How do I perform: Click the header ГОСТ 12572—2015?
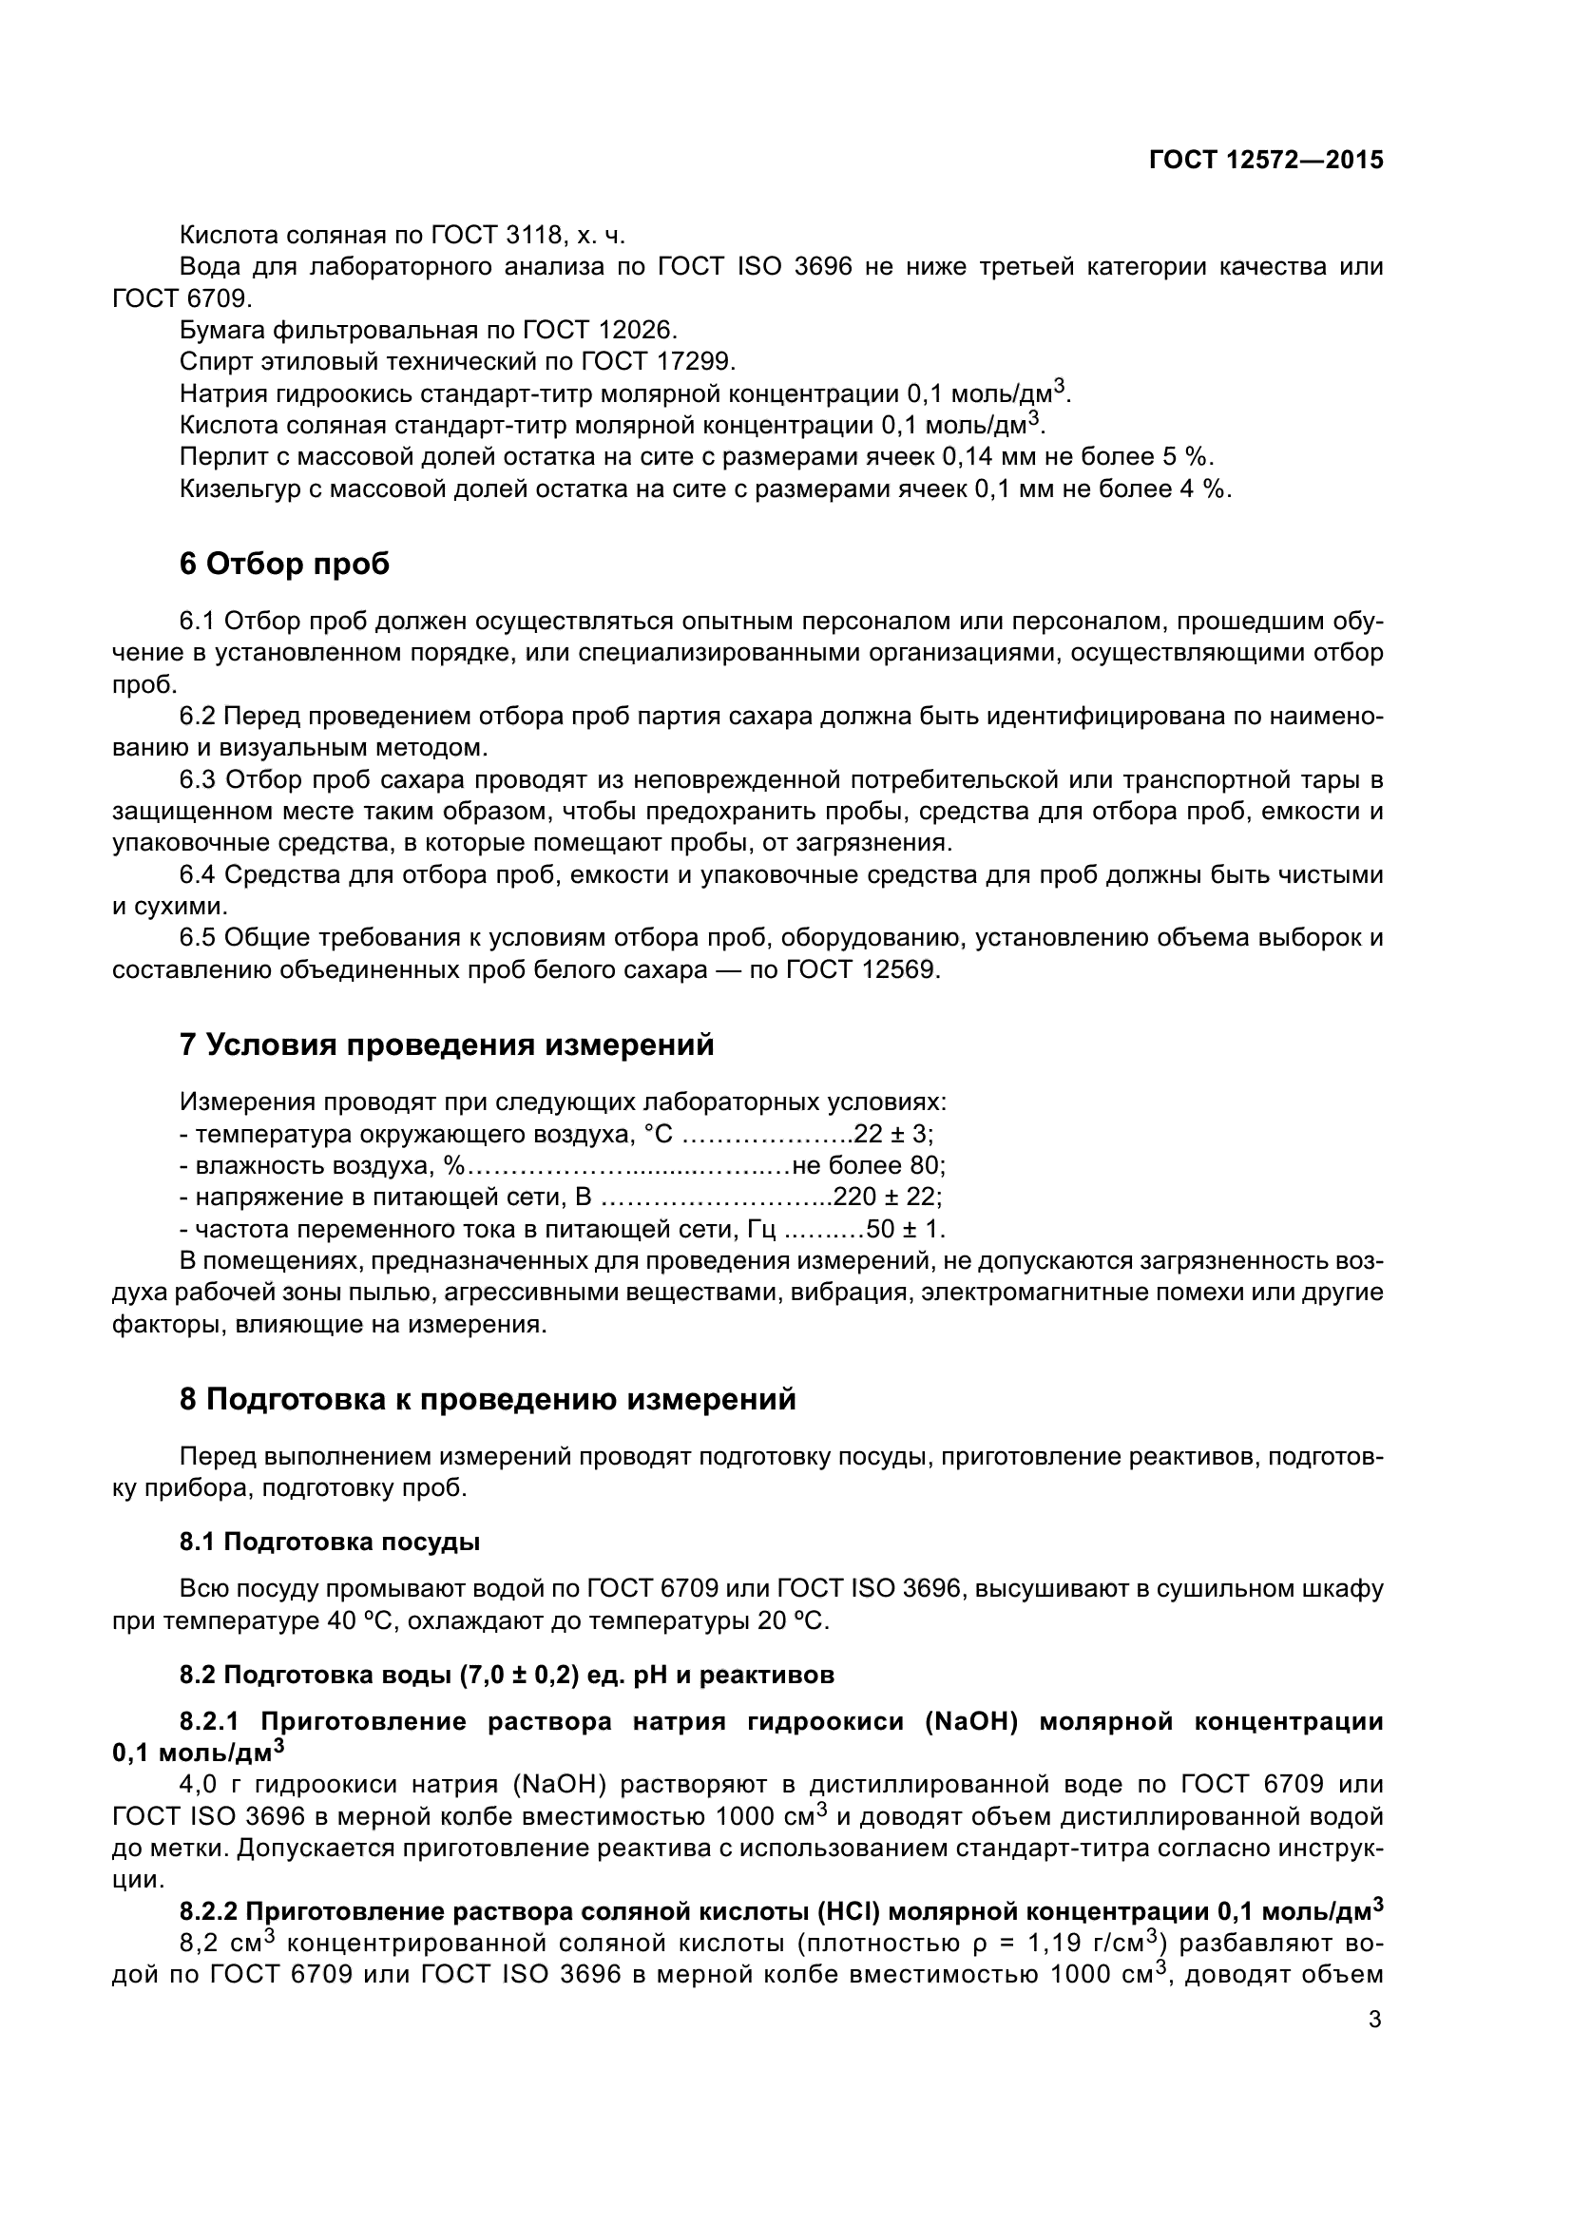[x=1265, y=160]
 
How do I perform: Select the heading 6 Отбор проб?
[x=284, y=564]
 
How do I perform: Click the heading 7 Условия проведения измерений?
[x=448, y=1045]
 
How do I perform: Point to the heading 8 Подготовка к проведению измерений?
[x=488, y=1400]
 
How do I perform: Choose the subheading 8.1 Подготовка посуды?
[x=330, y=1543]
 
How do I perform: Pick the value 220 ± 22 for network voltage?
[x=888, y=1198]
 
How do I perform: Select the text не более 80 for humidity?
[x=868, y=1166]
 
